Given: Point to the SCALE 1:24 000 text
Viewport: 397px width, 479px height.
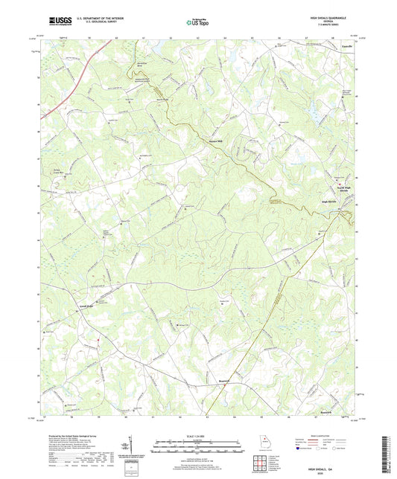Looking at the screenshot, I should (198, 435).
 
